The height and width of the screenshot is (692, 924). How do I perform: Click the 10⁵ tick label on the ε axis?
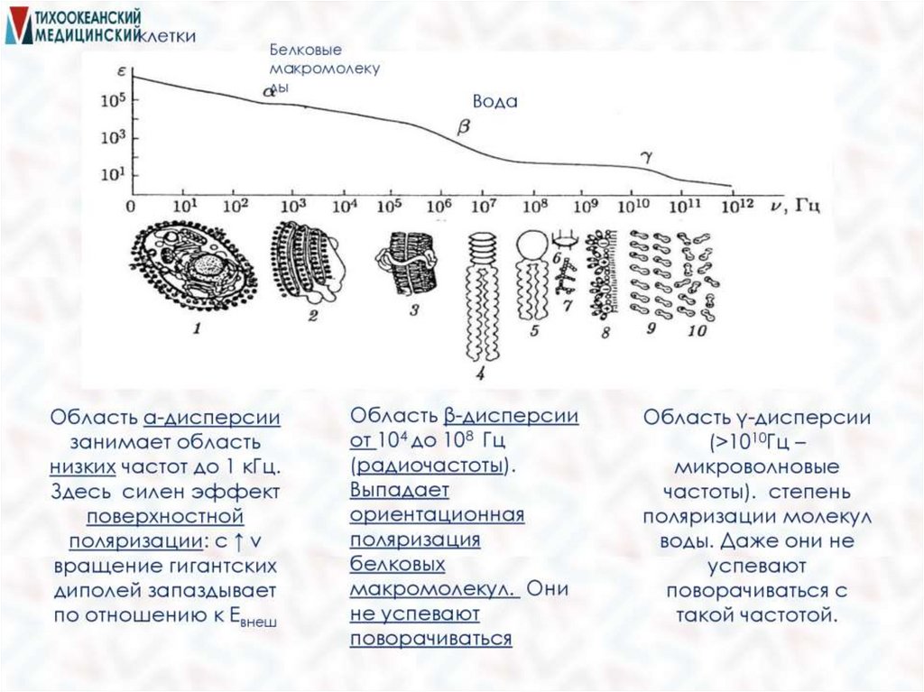click(110, 101)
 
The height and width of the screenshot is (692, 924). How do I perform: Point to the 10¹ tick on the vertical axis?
click(110, 173)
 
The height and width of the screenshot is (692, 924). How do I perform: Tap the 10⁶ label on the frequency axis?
click(439, 205)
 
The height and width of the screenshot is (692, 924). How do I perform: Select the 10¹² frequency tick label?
click(734, 205)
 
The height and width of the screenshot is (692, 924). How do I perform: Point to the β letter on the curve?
click(465, 128)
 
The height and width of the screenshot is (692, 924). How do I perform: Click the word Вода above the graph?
click(495, 102)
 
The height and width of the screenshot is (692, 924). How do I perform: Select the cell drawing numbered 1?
click(196, 268)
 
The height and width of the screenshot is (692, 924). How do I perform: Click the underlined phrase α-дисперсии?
click(211, 418)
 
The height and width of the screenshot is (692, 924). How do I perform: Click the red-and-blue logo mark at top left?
click(17, 26)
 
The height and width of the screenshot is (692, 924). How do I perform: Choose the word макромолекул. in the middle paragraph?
click(432, 589)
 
